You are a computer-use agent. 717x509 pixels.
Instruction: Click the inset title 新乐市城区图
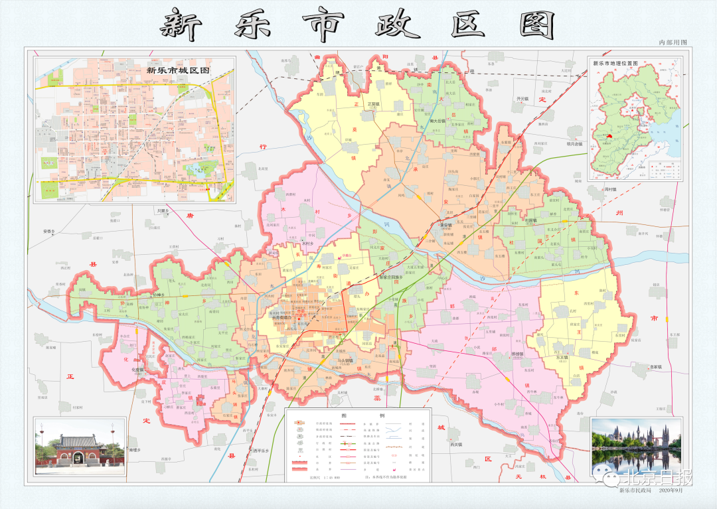178,69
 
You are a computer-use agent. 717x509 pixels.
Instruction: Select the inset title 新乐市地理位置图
613,64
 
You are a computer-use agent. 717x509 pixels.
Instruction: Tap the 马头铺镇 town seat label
345,360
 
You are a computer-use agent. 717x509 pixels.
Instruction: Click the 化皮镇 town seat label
138,370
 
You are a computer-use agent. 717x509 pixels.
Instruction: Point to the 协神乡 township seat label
157,295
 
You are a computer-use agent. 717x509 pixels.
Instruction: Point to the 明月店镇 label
570,144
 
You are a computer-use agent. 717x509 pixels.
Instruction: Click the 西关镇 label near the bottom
455,445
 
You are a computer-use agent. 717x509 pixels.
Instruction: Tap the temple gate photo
80,446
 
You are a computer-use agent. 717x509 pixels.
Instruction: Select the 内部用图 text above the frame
672,42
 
